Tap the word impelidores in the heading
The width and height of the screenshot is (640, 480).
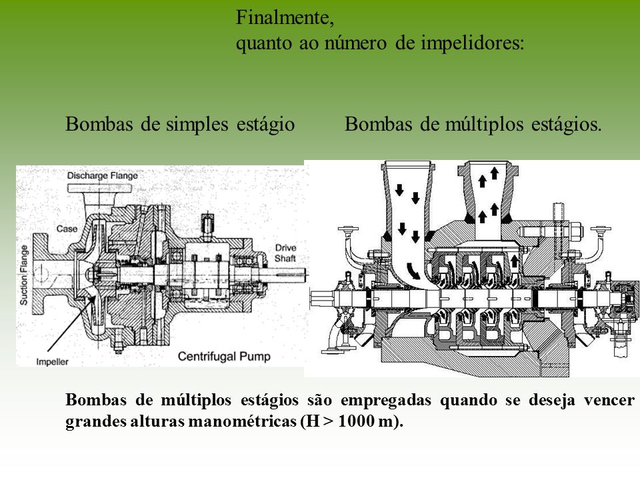(470, 43)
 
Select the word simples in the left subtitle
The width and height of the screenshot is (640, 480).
(197, 124)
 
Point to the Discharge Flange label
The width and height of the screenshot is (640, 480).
(103, 176)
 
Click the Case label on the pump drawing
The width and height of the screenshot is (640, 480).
(67, 229)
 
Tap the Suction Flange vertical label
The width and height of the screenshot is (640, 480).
(24, 275)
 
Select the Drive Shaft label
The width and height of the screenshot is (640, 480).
(285, 253)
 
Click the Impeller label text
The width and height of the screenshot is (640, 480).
(52, 362)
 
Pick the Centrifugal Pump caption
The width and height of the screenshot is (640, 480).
(224, 356)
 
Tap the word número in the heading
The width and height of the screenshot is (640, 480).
(355, 43)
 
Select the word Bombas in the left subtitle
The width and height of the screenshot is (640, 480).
(99, 124)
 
